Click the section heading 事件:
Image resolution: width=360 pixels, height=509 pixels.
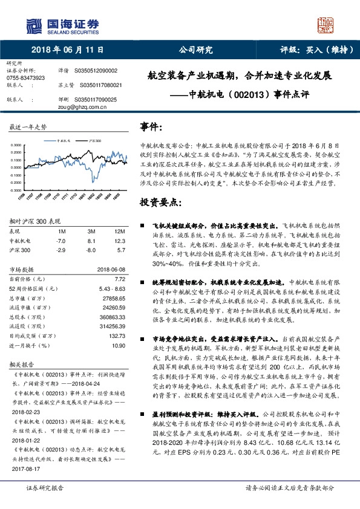tap(151, 128)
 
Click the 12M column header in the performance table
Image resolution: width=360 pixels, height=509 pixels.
tap(119, 232)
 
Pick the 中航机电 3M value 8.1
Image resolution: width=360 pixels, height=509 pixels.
tap(92, 240)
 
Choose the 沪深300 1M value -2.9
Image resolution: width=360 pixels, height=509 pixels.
tap(61, 249)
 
